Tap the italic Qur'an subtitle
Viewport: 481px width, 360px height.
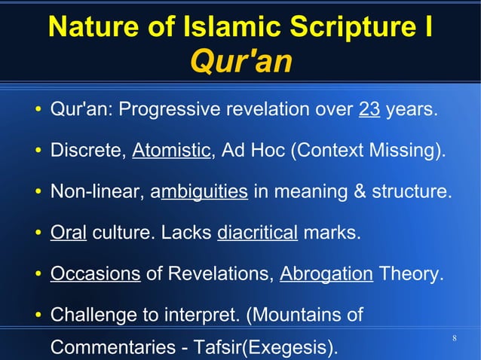coord(240,62)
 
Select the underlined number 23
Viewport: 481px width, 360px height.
coord(369,110)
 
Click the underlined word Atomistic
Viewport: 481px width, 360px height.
coord(171,151)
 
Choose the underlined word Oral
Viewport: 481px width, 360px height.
coord(68,231)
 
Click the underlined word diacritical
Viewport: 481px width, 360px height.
coord(257,231)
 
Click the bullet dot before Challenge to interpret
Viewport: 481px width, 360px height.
coord(37,313)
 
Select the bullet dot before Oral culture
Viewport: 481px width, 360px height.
coord(37,232)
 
